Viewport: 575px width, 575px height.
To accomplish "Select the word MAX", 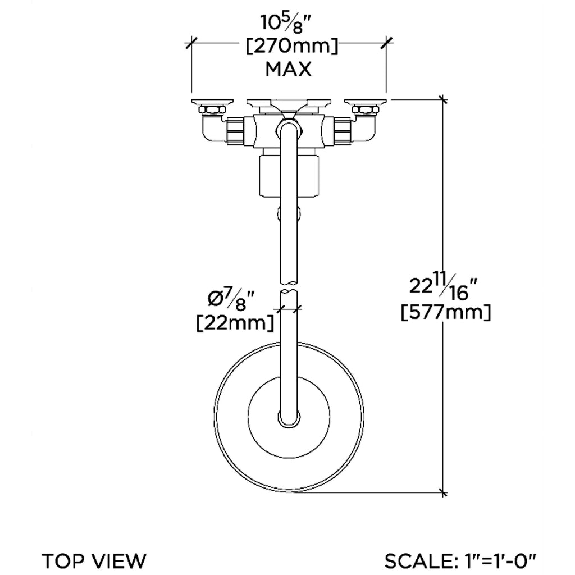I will point(288,69).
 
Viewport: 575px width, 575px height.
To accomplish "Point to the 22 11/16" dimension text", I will point(443,286).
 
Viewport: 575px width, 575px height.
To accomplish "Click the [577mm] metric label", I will point(446,312).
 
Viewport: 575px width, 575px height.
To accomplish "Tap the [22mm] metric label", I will point(235,323).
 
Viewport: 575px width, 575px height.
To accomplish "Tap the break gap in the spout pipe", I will point(290,286).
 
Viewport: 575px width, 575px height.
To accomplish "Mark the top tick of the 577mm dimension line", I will point(444,100).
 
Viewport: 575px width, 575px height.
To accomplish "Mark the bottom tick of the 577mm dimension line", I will point(444,493).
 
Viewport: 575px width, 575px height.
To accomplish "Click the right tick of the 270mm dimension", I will point(386,41).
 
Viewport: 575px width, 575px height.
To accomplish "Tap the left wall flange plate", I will point(212,102).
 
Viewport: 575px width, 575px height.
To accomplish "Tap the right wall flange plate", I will point(366,102).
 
